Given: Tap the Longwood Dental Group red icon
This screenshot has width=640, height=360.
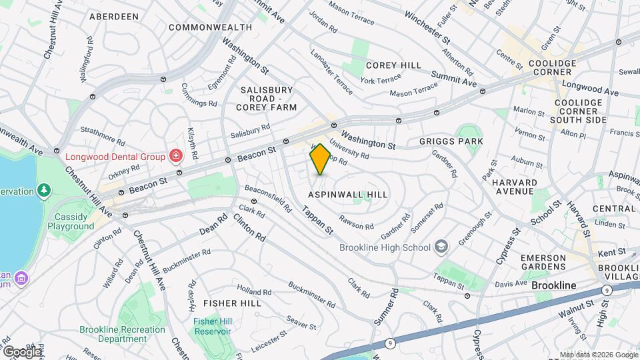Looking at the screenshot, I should (176, 157).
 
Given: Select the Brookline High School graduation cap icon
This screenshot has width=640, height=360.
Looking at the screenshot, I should (440, 247).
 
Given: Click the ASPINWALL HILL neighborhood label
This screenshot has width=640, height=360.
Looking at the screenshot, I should (347, 193).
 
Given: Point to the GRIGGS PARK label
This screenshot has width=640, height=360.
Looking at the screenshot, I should (451, 141).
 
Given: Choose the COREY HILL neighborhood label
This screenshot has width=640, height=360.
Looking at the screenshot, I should (393, 65).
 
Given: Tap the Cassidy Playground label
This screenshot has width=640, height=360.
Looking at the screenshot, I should (71, 221).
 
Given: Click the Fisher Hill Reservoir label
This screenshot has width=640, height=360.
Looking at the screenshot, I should (212, 327).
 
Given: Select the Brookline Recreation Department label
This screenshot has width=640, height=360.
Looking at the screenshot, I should (122, 334).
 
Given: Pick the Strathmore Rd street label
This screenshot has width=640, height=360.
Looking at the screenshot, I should (102, 135).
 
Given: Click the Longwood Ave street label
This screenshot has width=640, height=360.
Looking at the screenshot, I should (589, 87).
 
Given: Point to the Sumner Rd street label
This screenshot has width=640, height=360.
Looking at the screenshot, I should (385, 307).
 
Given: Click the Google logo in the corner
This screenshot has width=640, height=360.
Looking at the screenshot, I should (22, 351).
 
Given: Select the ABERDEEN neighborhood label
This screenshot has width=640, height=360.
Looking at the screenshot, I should (113, 16).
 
